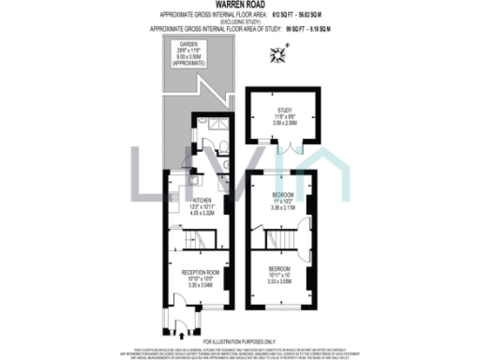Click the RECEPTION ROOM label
click(x=206, y=273)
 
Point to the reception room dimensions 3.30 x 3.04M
click(x=206, y=285)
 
